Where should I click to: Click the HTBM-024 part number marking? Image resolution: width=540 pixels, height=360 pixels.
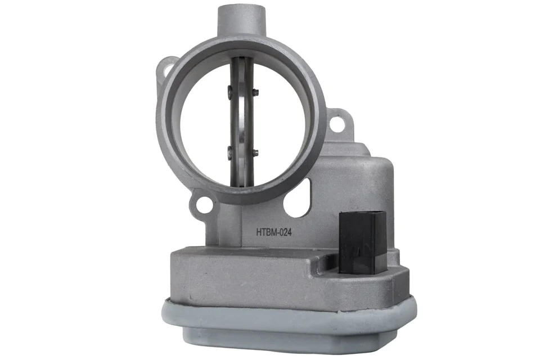coord(274,232)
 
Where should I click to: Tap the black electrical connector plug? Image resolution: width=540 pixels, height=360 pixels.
coord(362,242)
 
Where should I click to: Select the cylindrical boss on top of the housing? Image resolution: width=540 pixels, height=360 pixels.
coord(242,21)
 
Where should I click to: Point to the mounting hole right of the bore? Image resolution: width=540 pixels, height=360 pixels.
coord(337,125)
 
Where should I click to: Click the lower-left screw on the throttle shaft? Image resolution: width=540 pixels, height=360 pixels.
coord(230,150)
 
